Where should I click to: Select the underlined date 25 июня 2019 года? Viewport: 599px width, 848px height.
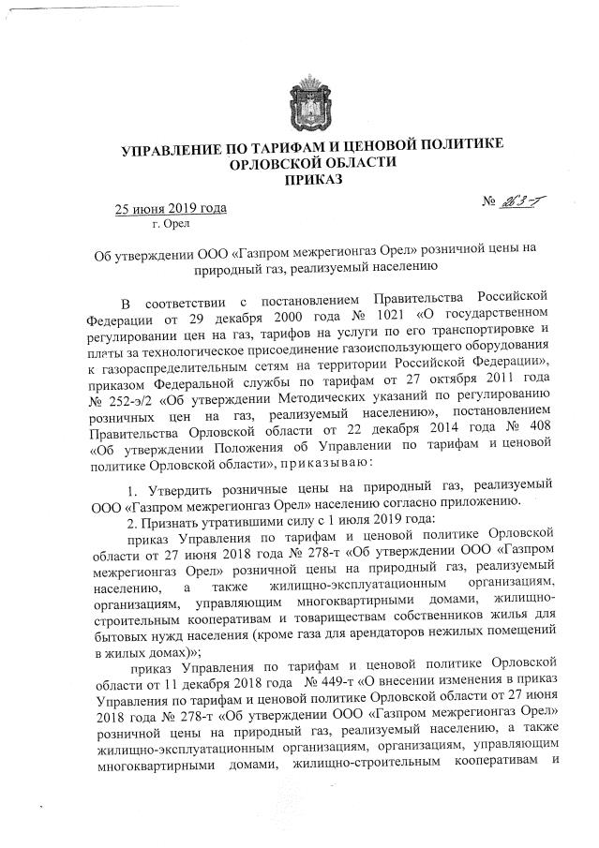pos(170,208)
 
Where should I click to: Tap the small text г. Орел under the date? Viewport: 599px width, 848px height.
pos(172,225)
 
